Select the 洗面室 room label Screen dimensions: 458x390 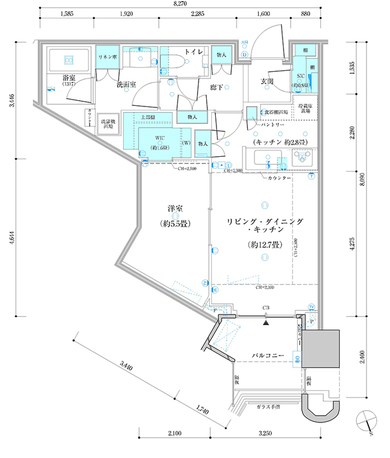(x=127, y=85)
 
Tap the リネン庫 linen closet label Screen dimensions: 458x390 (x=108, y=58)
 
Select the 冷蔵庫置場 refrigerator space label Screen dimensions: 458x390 (x=304, y=108)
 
